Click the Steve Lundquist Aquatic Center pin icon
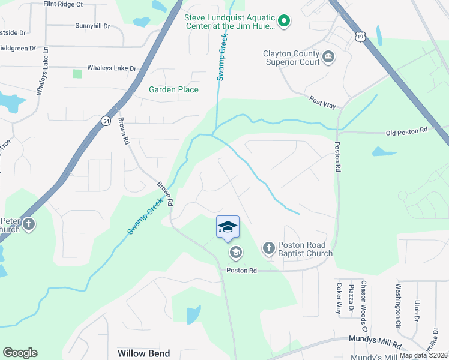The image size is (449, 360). coord(285,22)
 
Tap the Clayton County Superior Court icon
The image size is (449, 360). coord(328,57)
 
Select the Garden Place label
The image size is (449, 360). coord(173,89)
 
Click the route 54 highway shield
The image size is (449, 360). coord(106,121)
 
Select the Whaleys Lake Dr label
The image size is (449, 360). coord(112,68)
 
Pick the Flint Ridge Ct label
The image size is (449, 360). coord(63,4)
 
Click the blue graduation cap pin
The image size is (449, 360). coord(228,227)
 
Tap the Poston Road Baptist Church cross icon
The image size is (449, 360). coord(268,247)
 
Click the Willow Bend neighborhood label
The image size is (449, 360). coord(143,353)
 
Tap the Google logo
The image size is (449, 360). coord(20,353)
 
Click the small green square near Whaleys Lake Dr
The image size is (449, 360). coord(77,74)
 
